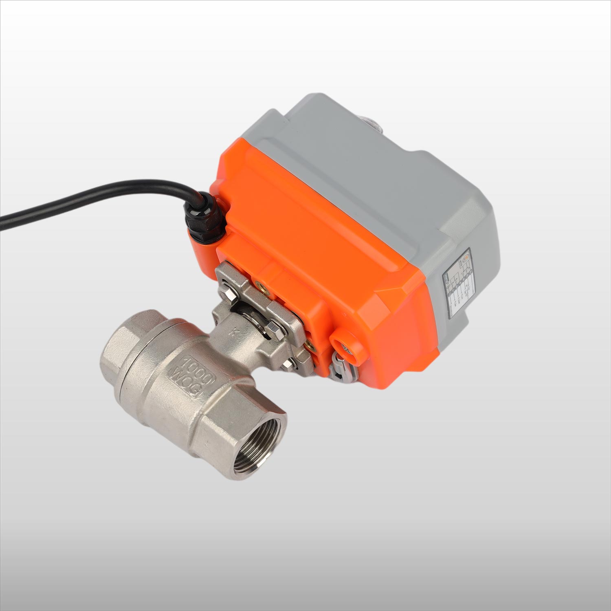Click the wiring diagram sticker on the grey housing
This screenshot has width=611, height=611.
tap(459, 285)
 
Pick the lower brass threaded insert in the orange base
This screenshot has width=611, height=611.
tap(310, 345)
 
